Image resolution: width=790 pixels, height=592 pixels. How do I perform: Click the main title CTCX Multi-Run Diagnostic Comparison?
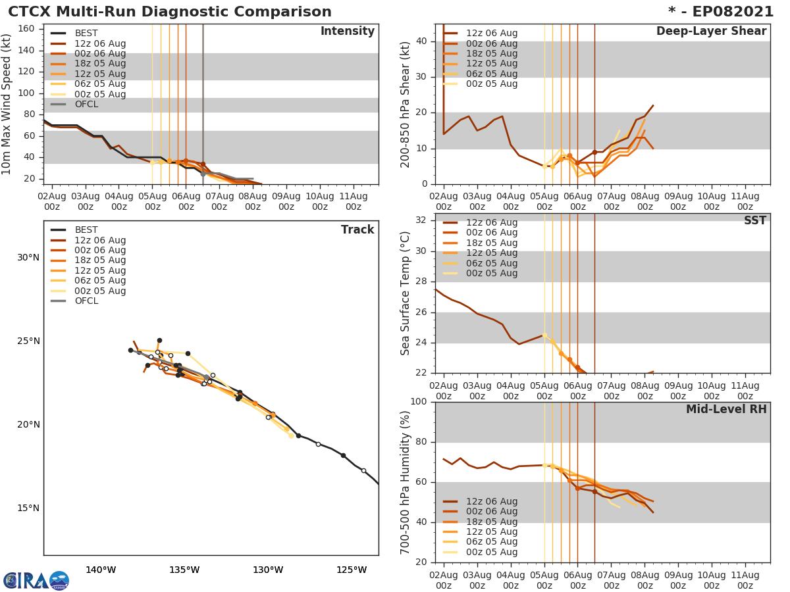point(170,12)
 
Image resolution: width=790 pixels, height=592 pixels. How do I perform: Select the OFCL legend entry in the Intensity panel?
point(86,105)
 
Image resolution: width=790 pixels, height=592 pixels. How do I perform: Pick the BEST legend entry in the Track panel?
point(86,230)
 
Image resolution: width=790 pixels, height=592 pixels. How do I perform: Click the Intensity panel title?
point(347,32)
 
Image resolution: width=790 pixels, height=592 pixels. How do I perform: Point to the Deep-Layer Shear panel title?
point(711,32)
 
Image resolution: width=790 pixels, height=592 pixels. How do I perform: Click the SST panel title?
point(754,221)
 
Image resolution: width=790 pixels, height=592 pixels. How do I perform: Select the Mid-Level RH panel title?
point(726,410)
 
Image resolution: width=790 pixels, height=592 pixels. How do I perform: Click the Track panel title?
point(357,230)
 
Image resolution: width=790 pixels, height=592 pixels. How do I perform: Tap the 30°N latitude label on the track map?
point(28,257)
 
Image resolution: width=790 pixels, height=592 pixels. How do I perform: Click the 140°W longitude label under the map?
point(101,570)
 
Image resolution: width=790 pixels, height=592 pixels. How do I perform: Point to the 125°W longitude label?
point(352,570)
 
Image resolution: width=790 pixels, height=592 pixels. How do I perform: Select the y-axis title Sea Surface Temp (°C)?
point(406,293)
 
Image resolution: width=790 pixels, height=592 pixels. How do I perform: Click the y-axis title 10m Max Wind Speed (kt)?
point(7,104)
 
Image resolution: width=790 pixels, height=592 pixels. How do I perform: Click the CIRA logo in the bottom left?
point(36,580)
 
